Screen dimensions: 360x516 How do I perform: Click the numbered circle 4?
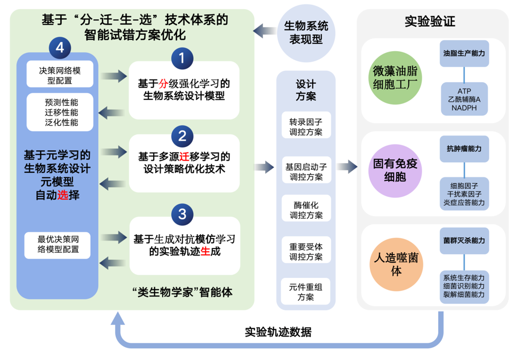pos(60,47)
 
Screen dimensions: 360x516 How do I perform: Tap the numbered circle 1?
pos(182,58)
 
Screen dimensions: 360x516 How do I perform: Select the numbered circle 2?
pos(182,135)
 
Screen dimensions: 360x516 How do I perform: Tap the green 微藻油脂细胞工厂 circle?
pos(397,78)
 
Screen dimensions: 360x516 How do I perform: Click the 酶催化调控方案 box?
pos(306,209)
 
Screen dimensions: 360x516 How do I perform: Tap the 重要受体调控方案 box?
pos(306,252)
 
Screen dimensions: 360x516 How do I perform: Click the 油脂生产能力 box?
pos(464,54)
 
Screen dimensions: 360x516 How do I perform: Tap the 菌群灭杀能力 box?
pos(464,241)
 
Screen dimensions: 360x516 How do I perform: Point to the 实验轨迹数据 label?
pos(278,331)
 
